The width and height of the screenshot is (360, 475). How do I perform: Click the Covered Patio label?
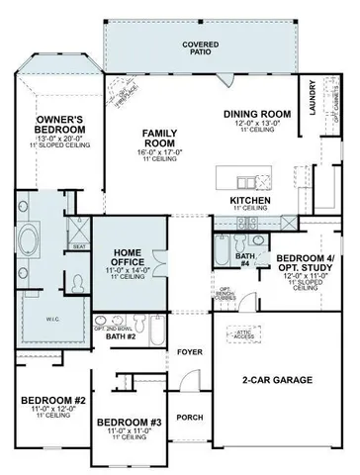pos(200,49)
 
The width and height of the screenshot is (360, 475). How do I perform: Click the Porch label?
pos(190,418)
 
